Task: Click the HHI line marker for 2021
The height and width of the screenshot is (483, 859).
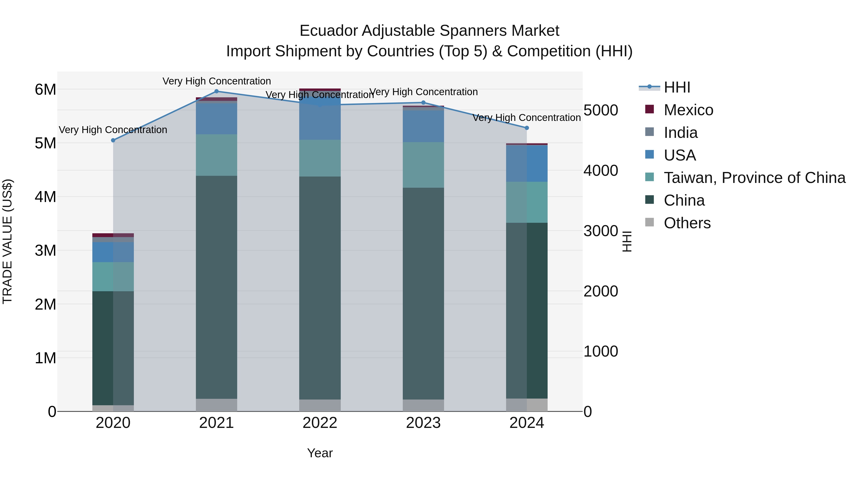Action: [216, 91]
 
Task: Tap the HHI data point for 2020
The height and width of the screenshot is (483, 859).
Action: [113, 140]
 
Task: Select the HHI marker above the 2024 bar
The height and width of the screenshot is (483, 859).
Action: [527, 128]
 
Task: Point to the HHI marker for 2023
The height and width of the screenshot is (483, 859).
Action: [424, 103]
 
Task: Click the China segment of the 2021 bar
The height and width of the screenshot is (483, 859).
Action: [216, 287]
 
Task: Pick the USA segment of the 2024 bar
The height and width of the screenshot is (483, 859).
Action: [527, 163]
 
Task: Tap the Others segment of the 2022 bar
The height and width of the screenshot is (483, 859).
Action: [320, 405]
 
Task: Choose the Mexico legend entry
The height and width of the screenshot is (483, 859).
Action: [688, 110]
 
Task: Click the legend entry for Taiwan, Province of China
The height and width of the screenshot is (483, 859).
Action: [754, 178]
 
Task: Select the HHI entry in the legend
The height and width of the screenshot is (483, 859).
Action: [677, 87]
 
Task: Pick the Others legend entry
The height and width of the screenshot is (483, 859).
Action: [687, 223]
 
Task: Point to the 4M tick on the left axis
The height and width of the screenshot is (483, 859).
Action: [45, 197]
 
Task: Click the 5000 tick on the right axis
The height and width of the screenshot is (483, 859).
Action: [601, 110]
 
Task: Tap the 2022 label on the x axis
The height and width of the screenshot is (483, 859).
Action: [320, 423]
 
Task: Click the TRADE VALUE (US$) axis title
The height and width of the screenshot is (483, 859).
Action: [7, 241]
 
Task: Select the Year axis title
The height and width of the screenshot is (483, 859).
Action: [320, 453]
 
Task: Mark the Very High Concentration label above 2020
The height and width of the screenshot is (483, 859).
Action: [113, 130]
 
